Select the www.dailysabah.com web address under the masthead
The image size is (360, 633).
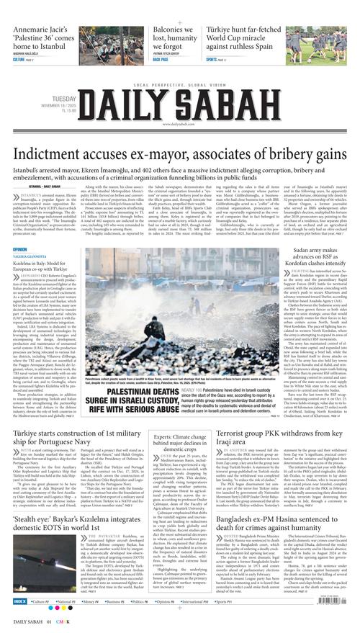(180, 124)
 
